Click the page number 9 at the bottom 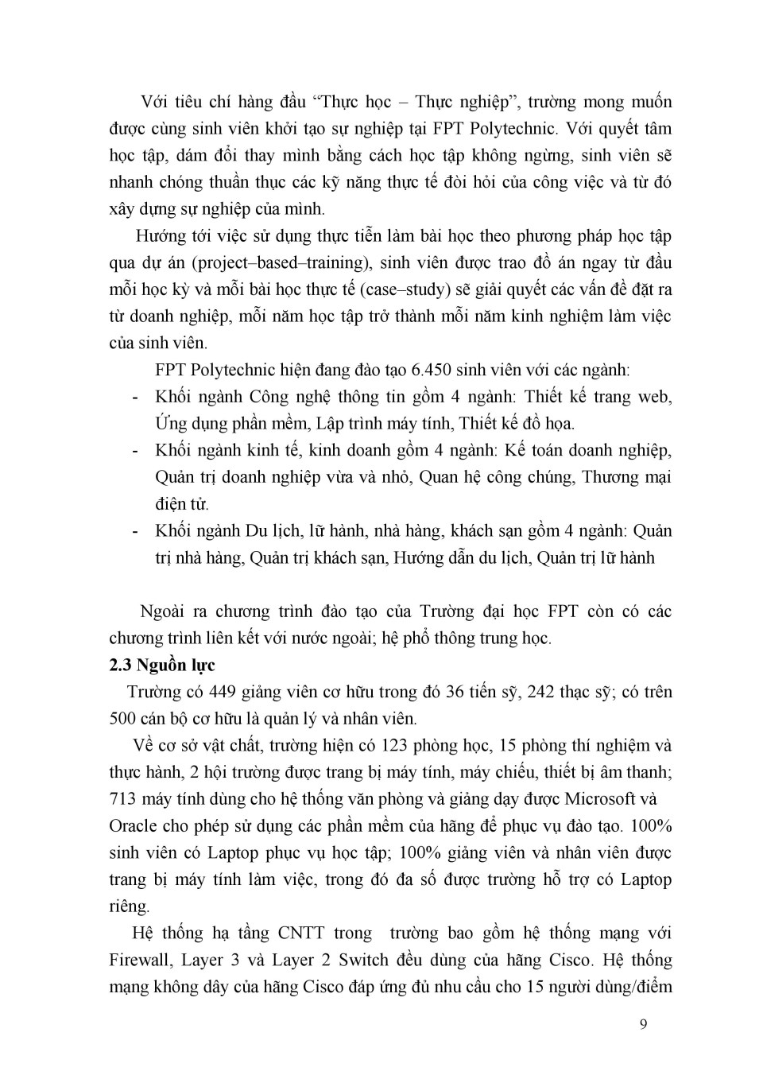643,1023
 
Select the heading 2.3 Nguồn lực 162,665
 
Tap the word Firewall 140,960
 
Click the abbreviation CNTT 300,933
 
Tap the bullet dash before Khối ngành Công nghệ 136,397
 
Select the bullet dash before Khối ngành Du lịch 136,531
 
